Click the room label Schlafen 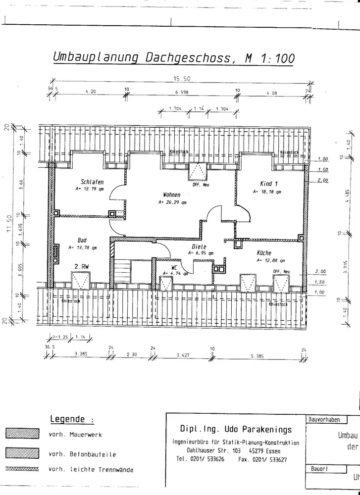[x=92, y=182]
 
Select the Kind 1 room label [x=269, y=184]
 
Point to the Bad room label [x=82, y=240]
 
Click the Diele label [x=199, y=246]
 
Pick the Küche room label [x=264, y=253]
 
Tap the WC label [x=174, y=267]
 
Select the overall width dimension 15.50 [x=182, y=78]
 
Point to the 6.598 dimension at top [x=182, y=92]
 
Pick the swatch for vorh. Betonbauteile [x=22, y=453]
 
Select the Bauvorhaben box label [x=324, y=419]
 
